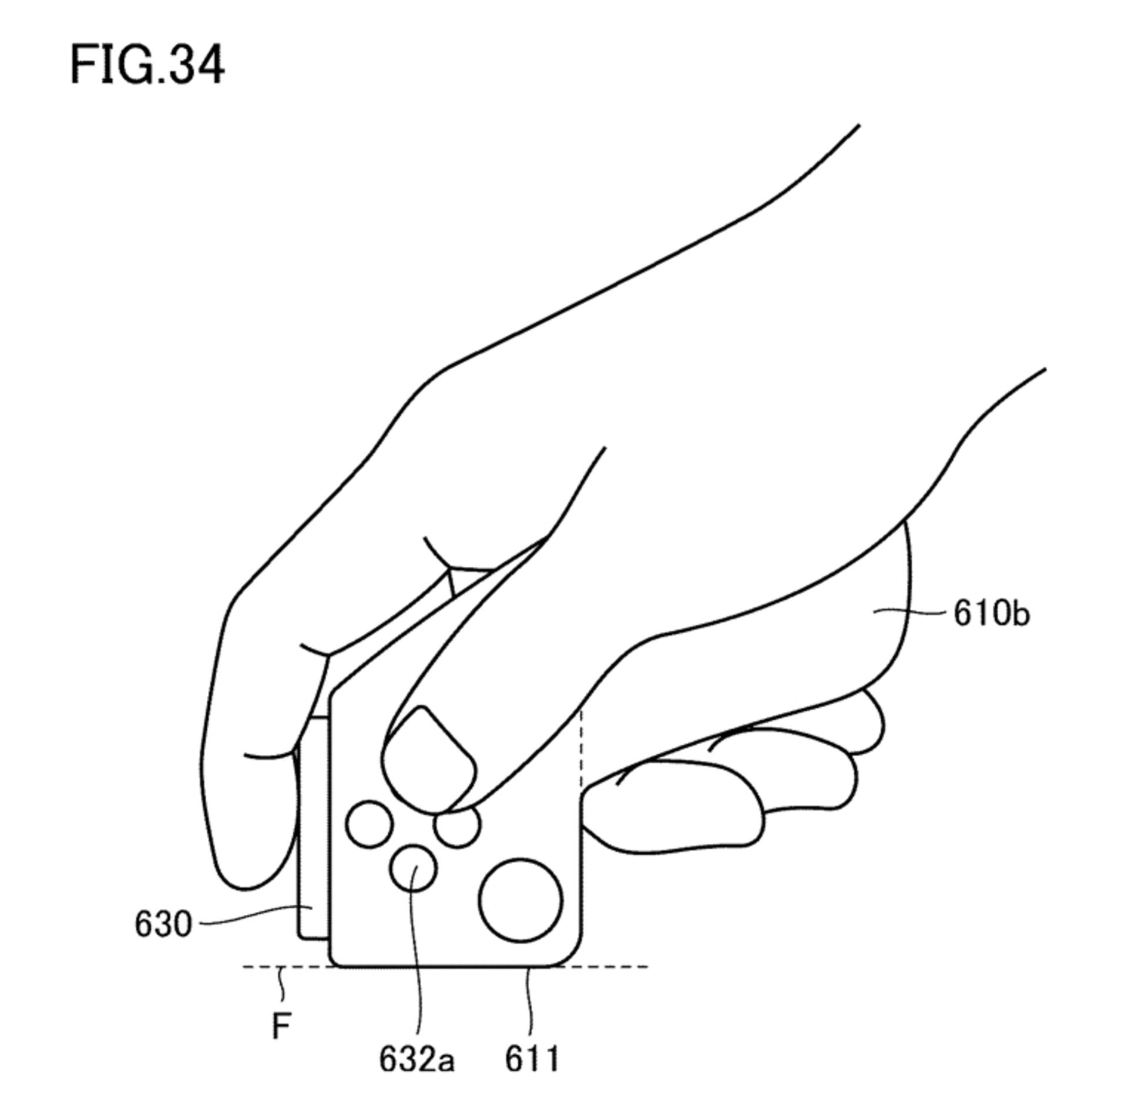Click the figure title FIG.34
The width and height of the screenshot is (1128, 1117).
coord(147,65)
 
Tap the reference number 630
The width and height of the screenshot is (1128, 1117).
coord(163,924)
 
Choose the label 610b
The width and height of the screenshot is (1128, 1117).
coord(991,614)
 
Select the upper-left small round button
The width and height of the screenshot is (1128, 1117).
coord(370,824)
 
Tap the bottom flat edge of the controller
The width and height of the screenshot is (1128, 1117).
coord(446,966)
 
